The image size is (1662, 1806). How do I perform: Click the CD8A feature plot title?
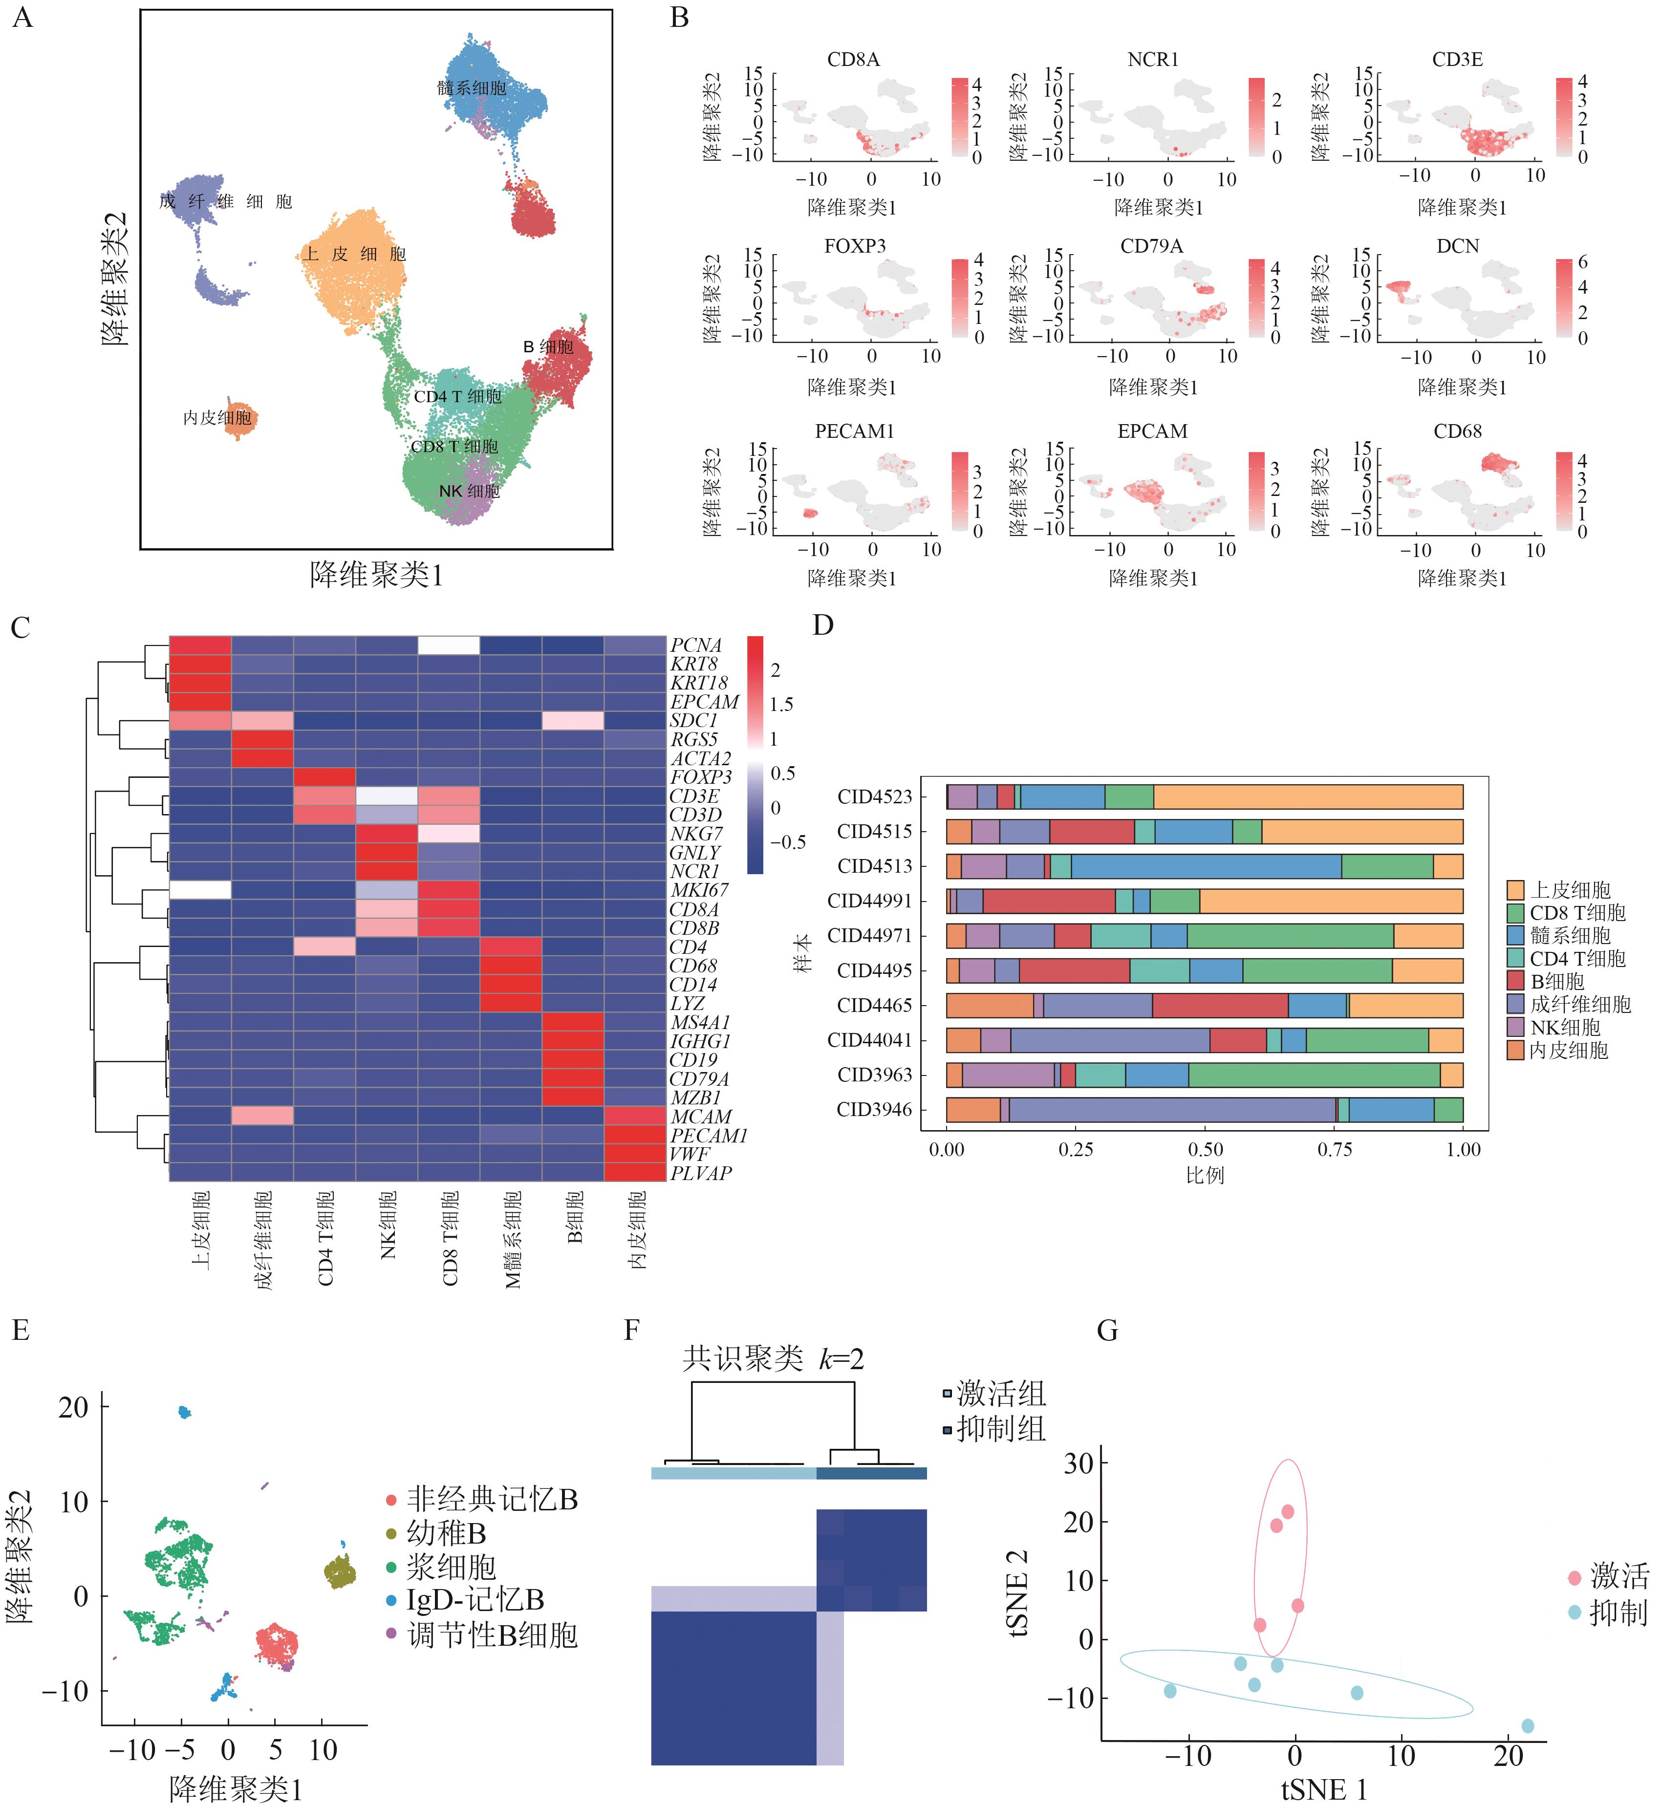click(x=853, y=59)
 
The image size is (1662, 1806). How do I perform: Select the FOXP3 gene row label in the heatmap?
click(x=701, y=777)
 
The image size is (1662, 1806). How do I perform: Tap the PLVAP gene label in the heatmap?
click(x=701, y=1173)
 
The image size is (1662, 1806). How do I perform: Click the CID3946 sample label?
click(x=874, y=1110)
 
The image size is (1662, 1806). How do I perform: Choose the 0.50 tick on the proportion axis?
click(x=1205, y=1149)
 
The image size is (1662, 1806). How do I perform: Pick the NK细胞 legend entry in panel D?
click(x=1565, y=1027)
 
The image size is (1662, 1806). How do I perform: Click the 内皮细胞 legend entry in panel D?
click(x=1569, y=1050)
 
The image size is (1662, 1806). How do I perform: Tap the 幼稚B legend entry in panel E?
click(x=446, y=1532)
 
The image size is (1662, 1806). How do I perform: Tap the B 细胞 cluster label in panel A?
click(x=548, y=346)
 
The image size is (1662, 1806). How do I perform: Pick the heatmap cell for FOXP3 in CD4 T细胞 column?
click(x=324, y=777)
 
